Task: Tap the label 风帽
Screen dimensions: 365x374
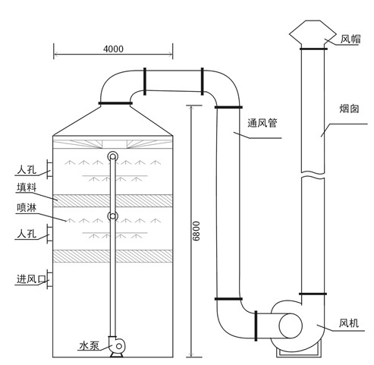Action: (350, 38)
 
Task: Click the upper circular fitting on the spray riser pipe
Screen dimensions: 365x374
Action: (112, 156)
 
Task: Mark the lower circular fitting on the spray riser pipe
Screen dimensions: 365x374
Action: (112, 217)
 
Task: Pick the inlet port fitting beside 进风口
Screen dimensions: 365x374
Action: (49, 279)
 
